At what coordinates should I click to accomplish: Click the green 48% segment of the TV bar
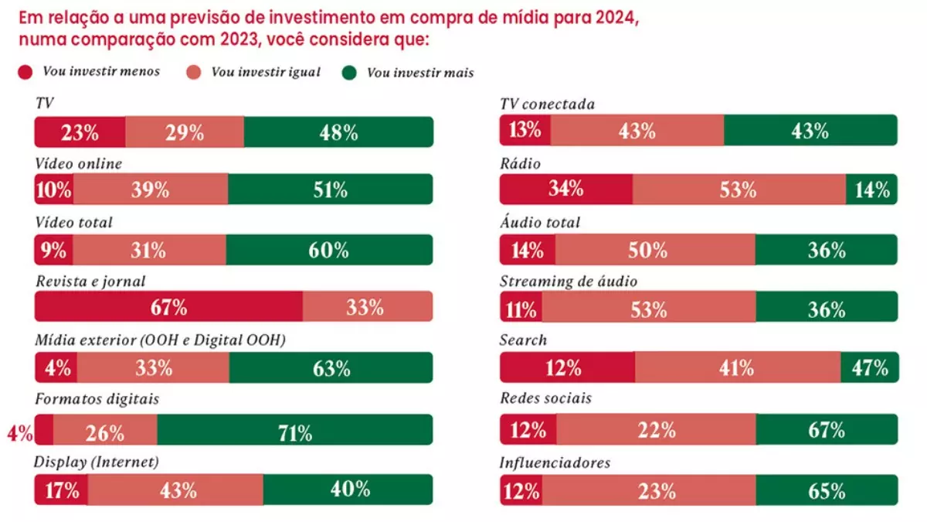pos(338,132)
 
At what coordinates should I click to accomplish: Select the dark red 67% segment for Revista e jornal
pos(168,307)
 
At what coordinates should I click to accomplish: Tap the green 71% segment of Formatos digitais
pos(294,430)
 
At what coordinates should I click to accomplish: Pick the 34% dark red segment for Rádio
pos(565,189)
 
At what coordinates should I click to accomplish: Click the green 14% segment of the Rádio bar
pos(871,189)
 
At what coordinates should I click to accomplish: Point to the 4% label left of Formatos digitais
pos(19,433)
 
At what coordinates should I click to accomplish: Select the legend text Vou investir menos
pos(101,72)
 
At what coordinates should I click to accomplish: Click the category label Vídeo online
pos(78,163)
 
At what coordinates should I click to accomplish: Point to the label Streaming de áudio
pos(568,281)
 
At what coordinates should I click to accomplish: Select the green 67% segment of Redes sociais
pos(827,429)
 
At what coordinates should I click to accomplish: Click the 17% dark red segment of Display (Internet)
pos(61,490)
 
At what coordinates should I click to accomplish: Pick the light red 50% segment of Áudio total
pos(654,250)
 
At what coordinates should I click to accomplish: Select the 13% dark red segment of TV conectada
pos(525,131)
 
